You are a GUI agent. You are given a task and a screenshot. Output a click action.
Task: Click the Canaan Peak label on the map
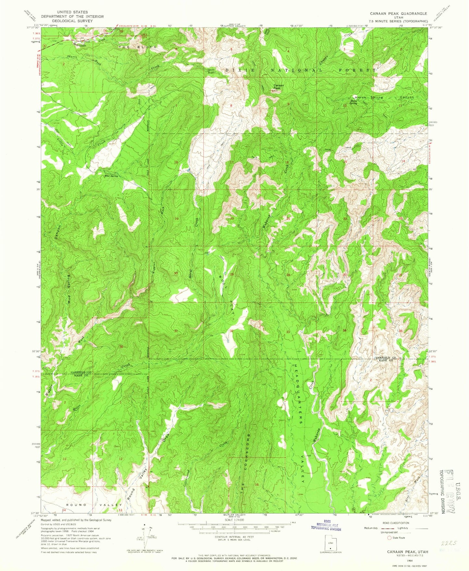point(278,87)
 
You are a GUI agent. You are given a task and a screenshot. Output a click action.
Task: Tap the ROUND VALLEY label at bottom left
point(94,505)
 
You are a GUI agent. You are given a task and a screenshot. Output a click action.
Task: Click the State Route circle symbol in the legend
point(389,538)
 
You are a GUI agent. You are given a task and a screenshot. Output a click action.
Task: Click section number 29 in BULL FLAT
point(232,274)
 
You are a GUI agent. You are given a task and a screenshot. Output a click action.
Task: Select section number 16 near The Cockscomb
point(257,485)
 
